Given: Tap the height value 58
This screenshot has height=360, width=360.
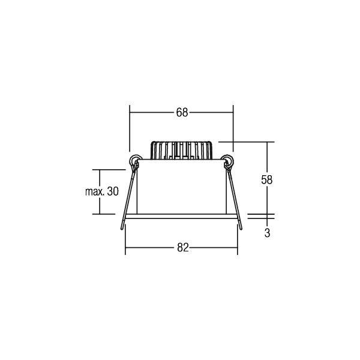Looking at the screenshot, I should coord(268,179).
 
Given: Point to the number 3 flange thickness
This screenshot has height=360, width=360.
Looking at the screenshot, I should coord(267,234).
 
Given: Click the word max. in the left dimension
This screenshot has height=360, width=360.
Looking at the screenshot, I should coord(91,192).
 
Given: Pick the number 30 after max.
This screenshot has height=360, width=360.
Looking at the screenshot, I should coord(113,192).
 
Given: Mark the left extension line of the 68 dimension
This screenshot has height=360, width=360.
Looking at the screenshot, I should coord(130,129).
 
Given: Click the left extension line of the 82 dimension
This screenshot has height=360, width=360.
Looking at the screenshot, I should coord(125,243).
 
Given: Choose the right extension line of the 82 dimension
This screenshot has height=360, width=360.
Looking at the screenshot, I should coord(238,243).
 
